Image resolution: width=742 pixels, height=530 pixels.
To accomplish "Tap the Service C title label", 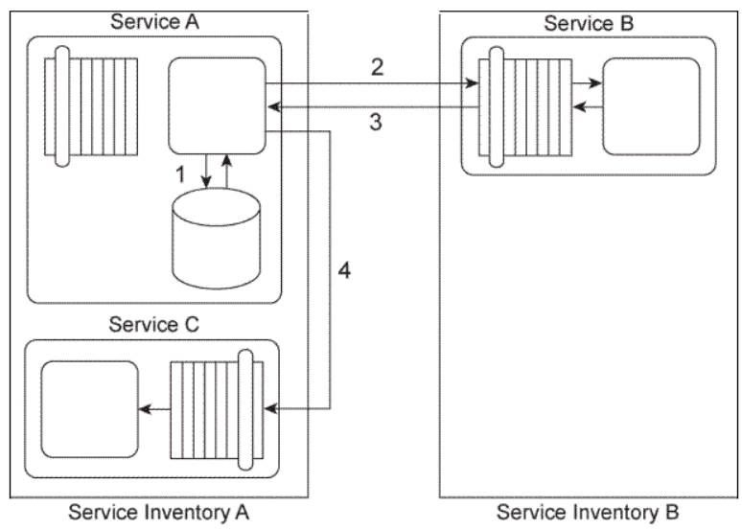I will click(152, 324).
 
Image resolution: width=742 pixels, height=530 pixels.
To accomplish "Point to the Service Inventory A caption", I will click(158, 512).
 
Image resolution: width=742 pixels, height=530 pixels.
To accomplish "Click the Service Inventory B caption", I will click(588, 512).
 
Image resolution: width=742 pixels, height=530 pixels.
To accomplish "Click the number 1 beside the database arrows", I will click(177, 175).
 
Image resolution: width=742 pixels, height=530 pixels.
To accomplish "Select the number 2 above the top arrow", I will click(378, 67).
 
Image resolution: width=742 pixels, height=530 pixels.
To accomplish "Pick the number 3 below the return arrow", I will click(378, 122).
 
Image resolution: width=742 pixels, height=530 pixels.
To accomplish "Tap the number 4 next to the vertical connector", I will click(345, 270).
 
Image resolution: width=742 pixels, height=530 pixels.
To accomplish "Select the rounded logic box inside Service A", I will click(217, 104).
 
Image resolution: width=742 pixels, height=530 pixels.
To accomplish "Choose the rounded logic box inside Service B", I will click(651, 105).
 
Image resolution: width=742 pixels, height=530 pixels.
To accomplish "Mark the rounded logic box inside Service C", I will click(88, 409).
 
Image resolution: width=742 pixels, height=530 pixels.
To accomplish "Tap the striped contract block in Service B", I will click(526, 105).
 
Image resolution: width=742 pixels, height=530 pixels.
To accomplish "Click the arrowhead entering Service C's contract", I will click(270, 409).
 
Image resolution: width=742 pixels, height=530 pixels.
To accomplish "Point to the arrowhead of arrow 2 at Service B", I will click(474, 85).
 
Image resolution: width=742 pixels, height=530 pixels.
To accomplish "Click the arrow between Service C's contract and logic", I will click(152, 409).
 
